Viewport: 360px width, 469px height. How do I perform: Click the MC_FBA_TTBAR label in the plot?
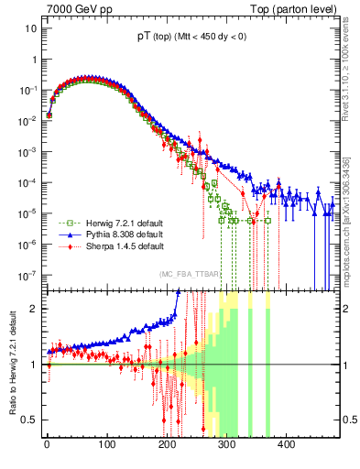[x=190, y=273]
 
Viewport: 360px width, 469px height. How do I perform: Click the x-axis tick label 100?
[x=106, y=445]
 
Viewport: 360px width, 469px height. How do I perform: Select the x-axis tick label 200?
[x=166, y=445]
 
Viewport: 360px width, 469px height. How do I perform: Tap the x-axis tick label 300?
[x=226, y=445]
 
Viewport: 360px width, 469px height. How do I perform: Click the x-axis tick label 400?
[x=286, y=445]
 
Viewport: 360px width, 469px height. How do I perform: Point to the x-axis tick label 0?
[x=47, y=445]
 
